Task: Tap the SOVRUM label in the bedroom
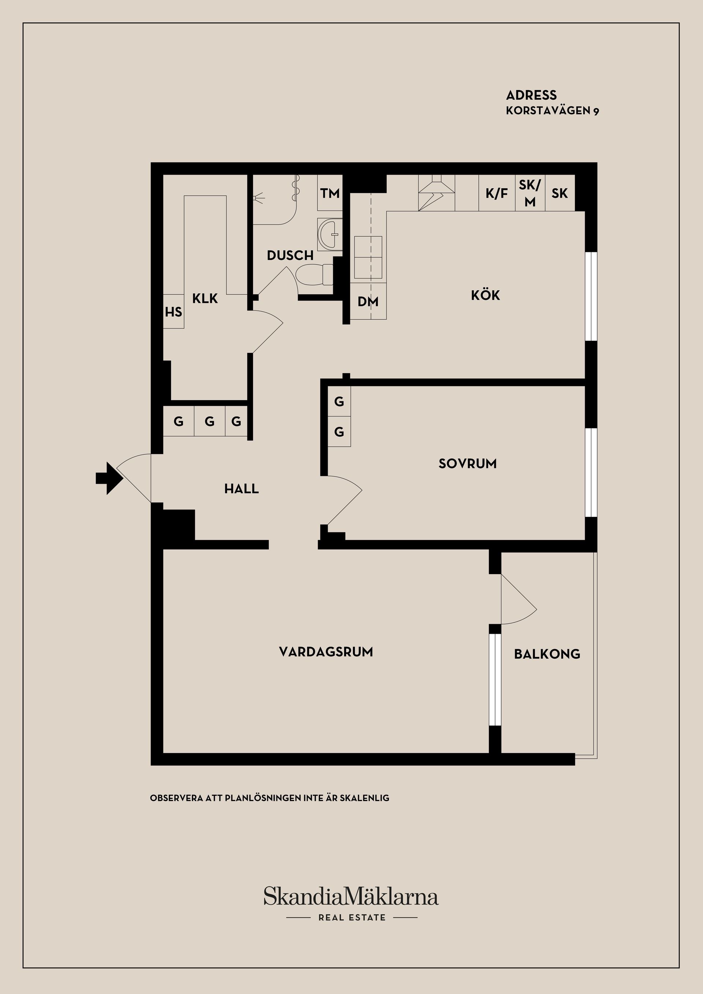(468, 464)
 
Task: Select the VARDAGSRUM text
(326, 652)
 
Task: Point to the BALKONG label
(547, 654)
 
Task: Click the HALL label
(242, 489)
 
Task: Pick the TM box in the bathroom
(330, 193)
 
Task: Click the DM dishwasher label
(368, 302)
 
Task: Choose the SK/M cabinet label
(530, 193)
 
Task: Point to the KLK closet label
(205, 298)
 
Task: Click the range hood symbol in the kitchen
(436, 193)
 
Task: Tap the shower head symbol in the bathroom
(258, 197)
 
